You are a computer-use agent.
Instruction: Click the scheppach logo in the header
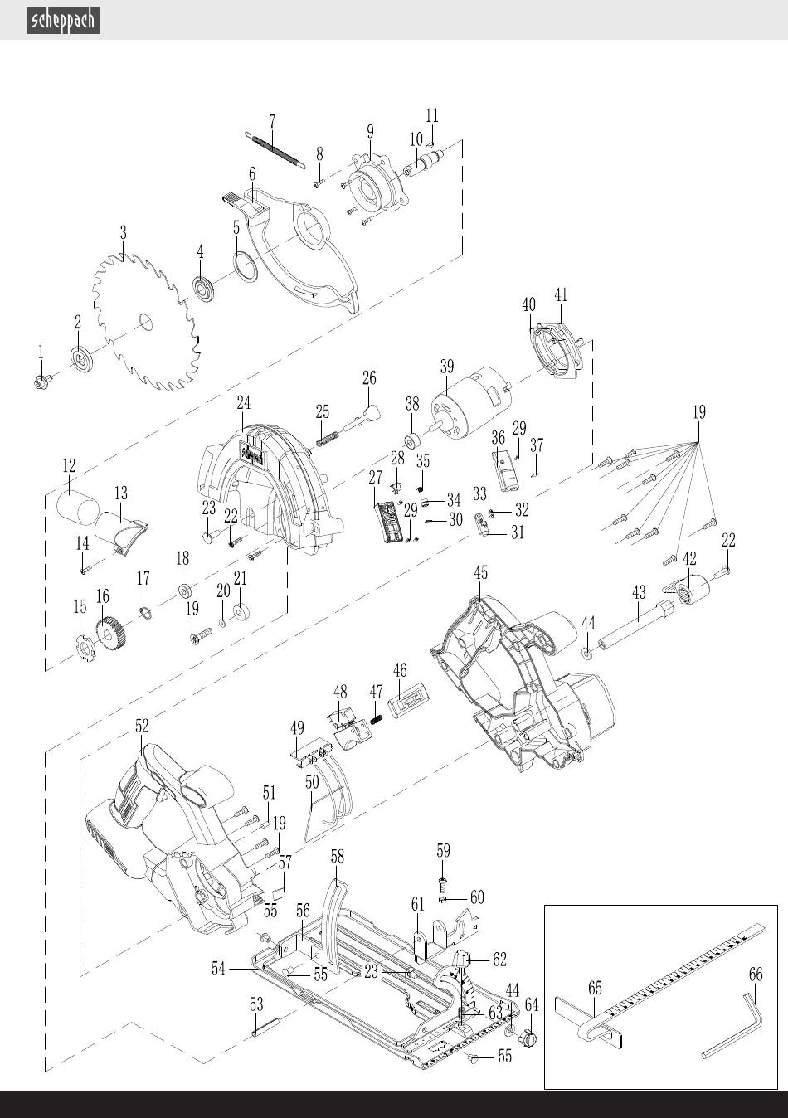coord(63,21)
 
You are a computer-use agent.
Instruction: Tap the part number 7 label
coord(272,121)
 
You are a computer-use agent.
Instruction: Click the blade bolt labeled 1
coord(43,383)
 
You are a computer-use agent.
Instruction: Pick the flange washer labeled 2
coord(80,358)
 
